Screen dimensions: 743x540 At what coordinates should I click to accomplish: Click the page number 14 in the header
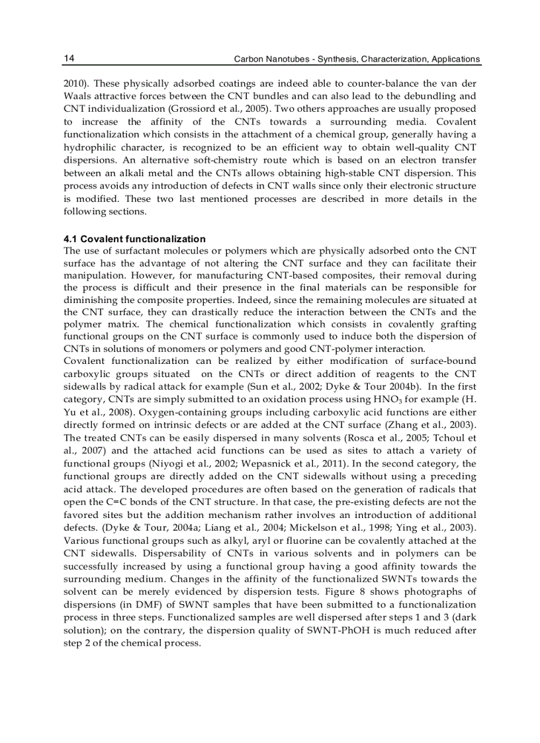[x=69, y=59]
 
